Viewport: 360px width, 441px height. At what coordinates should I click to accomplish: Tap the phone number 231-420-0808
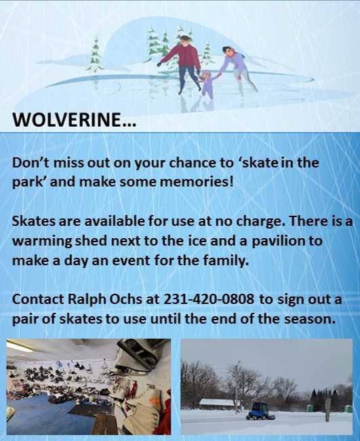(209, 299)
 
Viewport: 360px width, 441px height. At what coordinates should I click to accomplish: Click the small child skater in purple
(207, 85)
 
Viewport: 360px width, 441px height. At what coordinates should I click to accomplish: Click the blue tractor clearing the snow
(256, 410)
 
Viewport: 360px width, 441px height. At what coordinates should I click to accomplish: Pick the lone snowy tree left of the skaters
(96, 54)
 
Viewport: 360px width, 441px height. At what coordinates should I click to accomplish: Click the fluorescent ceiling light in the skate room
(19, 347)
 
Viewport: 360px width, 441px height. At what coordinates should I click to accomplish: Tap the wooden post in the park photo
(328, 410)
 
